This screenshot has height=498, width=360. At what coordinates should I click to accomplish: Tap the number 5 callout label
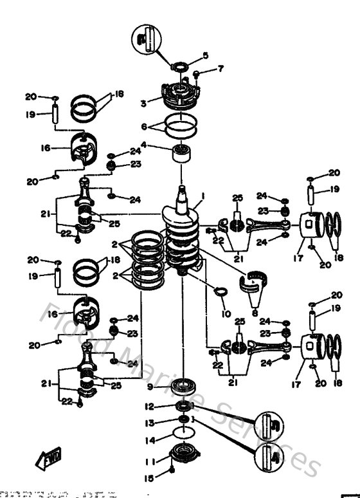[x=206, y=55]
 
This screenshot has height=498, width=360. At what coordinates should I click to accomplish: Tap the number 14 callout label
[x=149, y=441]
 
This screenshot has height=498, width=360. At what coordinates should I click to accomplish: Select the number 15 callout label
[x=149, y=477]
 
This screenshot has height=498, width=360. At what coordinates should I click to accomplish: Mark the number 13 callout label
[x=149, y=423]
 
